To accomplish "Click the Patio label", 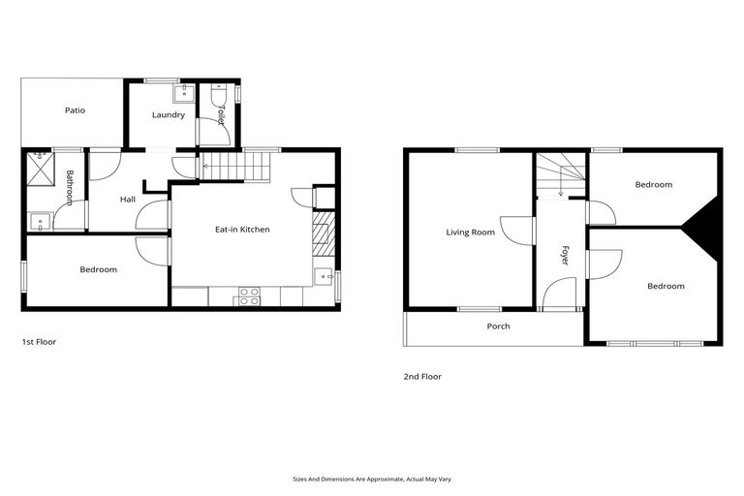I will pyautogui.click(x=75, y=110).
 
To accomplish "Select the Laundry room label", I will pyautogui.click(x=168, y=115).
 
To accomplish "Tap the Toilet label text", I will pyautogui.click(x=220, y=115).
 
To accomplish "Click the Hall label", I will pyautogui.click(x=128, y=200).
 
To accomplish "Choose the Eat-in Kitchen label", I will pyautogui.click(x=242, y=230).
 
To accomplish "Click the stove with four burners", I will pyautogui.click(x=248, y=296).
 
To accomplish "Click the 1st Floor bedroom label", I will pyautogui.click(x=98, y=269).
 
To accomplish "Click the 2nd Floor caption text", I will pyautogui.click(x=422, y=376).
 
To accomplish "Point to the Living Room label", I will pyautogui.click(x=470, y=232).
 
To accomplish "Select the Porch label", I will pyautogui.click(x=498, y=326).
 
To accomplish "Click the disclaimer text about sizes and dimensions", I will pyautogui.click(x=371, y=479).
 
